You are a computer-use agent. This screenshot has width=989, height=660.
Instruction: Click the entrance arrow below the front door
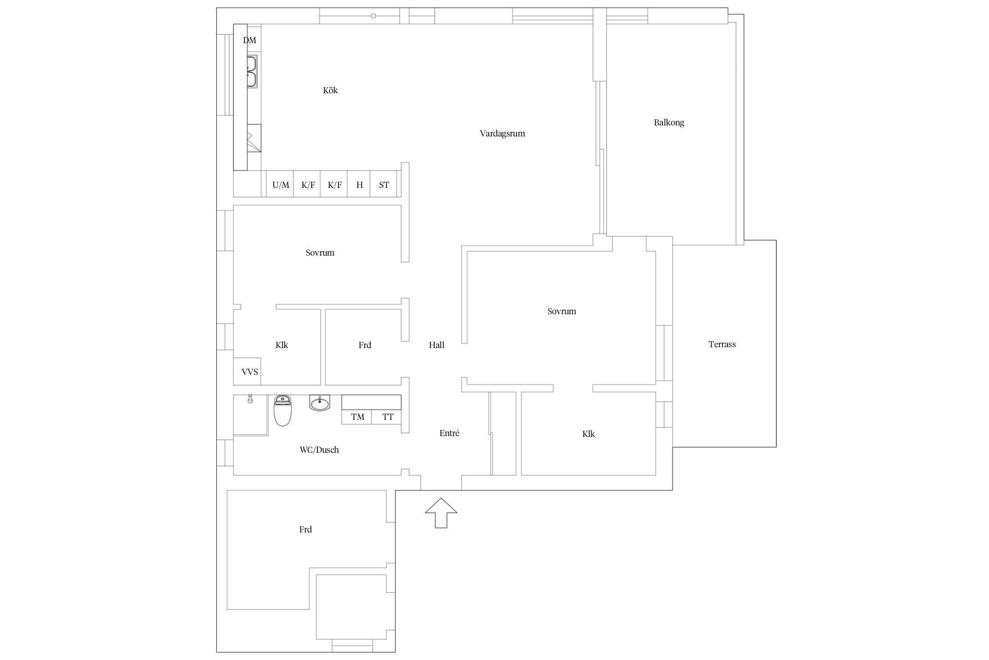pyautogui.click(x=441, y=513)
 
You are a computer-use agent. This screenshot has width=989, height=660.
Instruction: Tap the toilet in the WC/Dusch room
pyautogui.click(x=283, y=411)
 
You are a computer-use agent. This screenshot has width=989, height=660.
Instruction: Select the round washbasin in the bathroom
pyautogui.click(x=320, y=403)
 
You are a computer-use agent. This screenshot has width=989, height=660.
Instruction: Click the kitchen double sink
pyautogui.click(x=252, y=72)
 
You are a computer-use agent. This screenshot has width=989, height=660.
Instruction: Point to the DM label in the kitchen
pyautogui.click(x=250, y=40)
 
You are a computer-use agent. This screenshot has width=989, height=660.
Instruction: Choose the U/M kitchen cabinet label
pyautogui.click(x=281, y=185)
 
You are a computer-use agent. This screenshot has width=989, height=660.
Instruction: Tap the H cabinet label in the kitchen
pyautogui.click(x=360, y=185)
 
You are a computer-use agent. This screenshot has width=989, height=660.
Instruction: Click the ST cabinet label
pyautogui.click(x=384, y=185)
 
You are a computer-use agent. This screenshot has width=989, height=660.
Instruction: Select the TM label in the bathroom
pyautogui.click(x=358, y=417)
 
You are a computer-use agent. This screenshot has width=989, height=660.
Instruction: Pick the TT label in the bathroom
pyautogui.click(x=388, y=417)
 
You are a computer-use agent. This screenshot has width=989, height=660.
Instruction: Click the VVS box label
pyautogui.click(x=250, y=372)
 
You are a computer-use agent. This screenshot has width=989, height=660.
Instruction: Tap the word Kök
pyautogui.click(x=331, y=90)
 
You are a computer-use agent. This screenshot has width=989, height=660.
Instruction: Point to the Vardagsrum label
pyautogui.click(x=502, y=134)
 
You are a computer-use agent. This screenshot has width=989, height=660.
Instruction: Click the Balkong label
pyautogui.click(x=669, y=123)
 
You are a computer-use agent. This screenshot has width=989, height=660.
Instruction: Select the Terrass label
pyautogui.click(x=722, y=345)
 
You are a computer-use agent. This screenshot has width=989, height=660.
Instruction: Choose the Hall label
pyautogui.click(x=437, y=345)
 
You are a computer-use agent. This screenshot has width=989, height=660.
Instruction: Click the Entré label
pyautogui.click(x=449, y=433)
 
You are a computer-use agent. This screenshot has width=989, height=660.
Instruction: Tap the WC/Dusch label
pyautogui.click(x=320, y=450)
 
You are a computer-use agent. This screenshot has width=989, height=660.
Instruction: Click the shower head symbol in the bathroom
pyautogui.click(x=250, y=399)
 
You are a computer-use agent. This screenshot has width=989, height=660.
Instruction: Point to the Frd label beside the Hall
pyautogui.click(x=365, y=345)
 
